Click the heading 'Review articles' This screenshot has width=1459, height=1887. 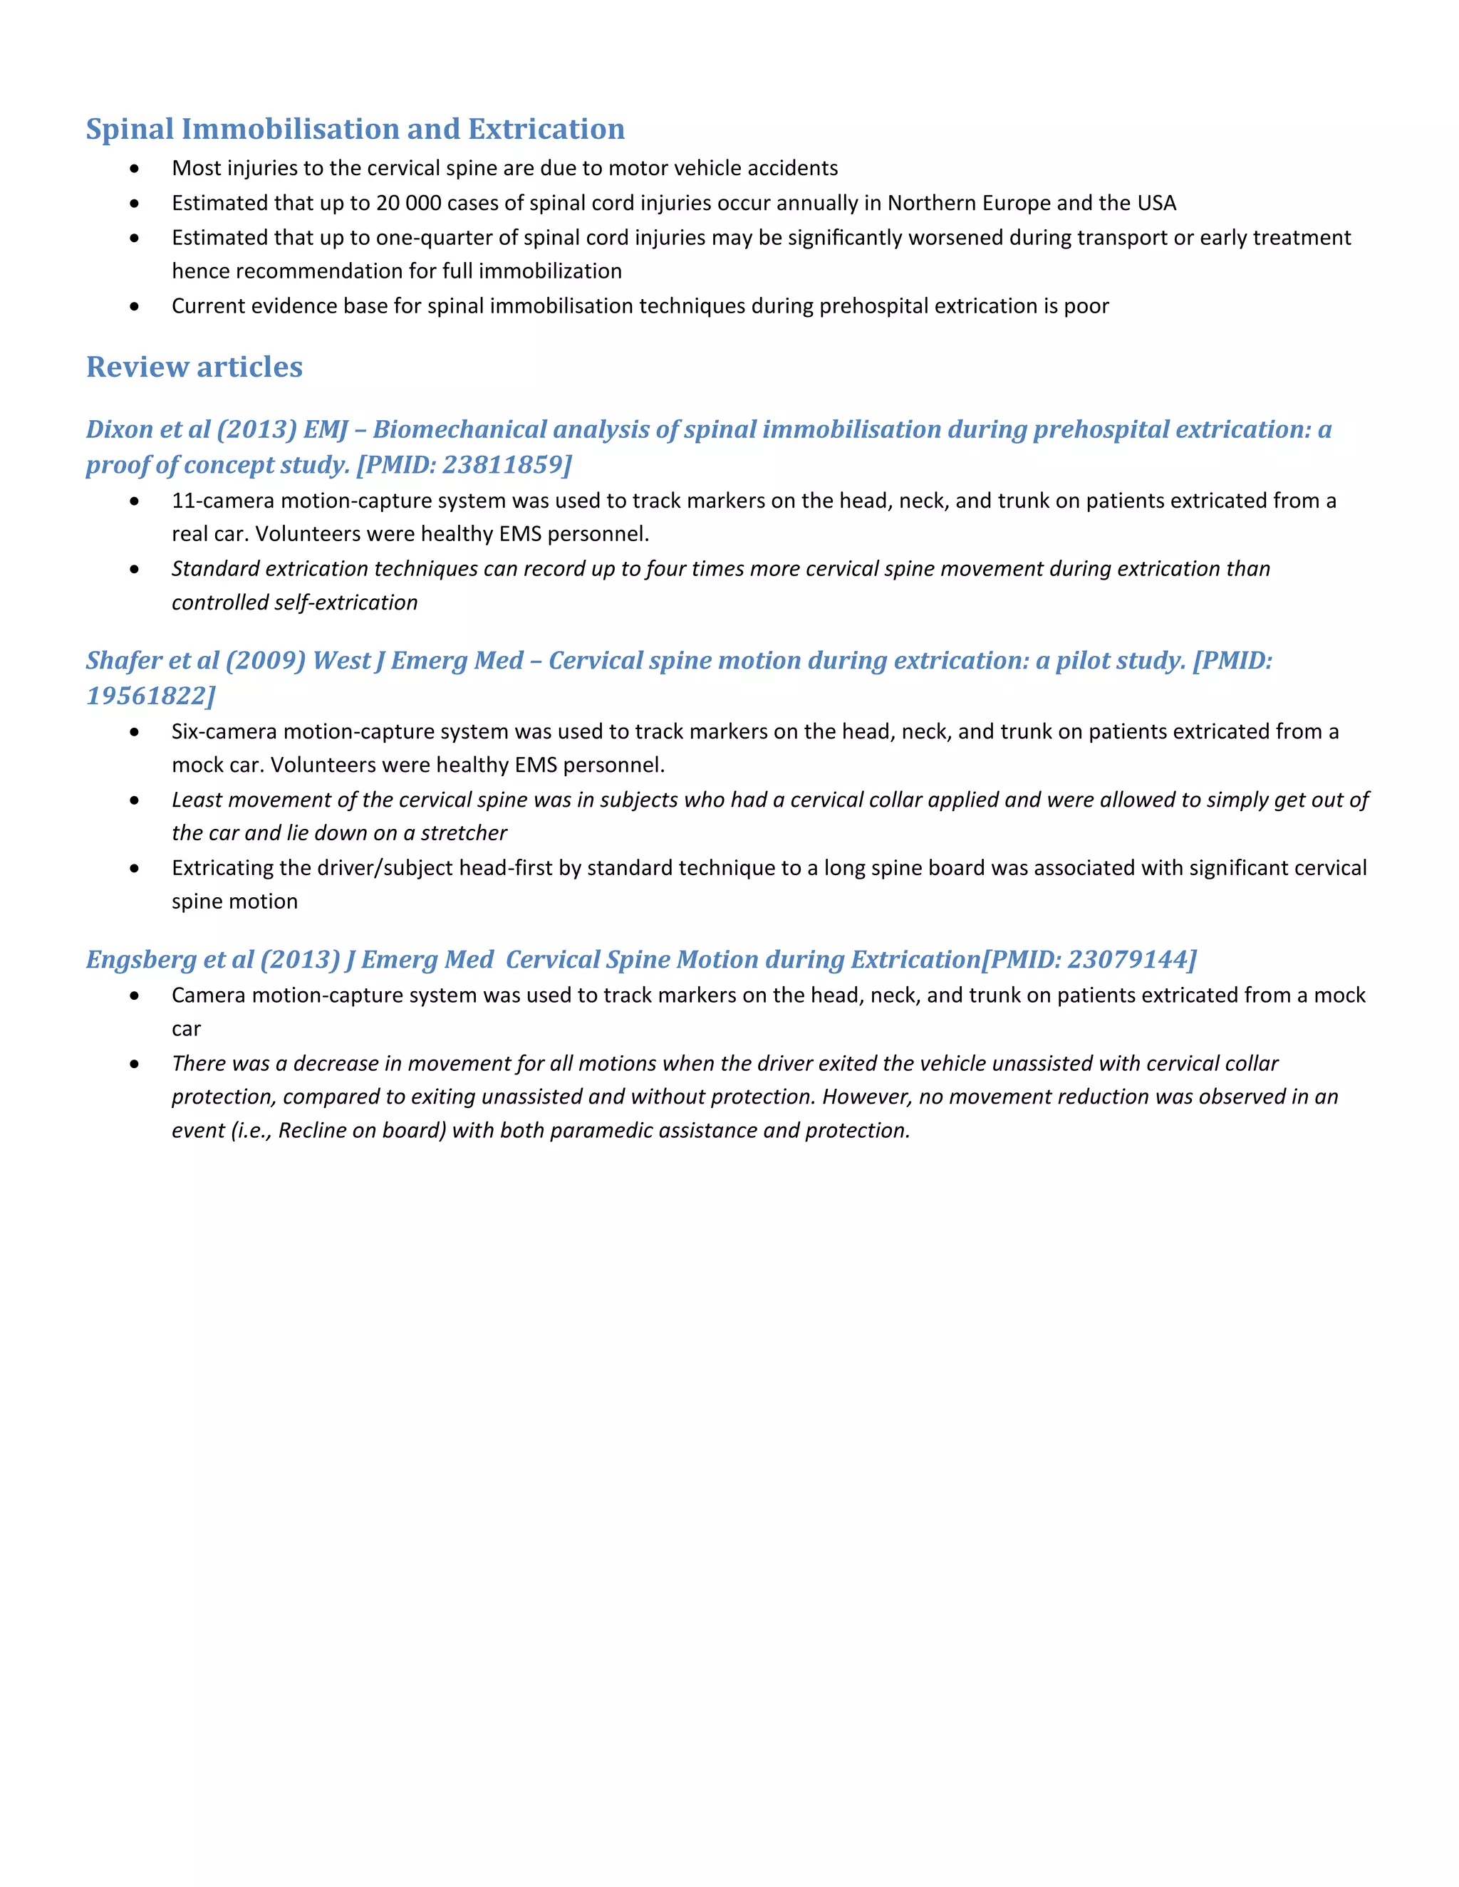(x=194, y=367)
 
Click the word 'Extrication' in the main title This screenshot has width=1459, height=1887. (x=546, y=130)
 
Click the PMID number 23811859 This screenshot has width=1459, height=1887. (x=503, y=465)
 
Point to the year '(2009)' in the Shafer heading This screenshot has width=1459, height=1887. (x=265, y=661)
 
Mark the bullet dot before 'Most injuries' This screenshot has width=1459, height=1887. (x=134, y=169)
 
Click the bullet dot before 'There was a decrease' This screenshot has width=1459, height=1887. (x=134, y=1065)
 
